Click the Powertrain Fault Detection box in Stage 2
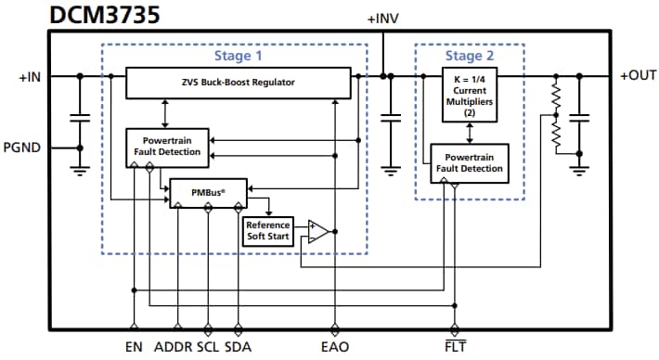pyautogui.click(x=470, y=162)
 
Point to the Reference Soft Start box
pyautogui.click(x=267, y=230)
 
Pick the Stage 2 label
pyautogui.click(x=469, y=57)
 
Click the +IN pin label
pyautogui.click(x=29, y=78)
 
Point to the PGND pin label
pyautogui.click(x=23, y=147)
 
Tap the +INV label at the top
pyautogui.click(x=382, y=19)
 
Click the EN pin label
pyautogui.click(x=134, y=349)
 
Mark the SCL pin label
pyautogui.click(x=209, y=349)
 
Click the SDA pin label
pyautogui.click(x=239, y=349)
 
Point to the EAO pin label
pyautogui.click(x=335, y=349)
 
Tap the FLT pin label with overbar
pyautogui.click(x=454, y=349)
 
